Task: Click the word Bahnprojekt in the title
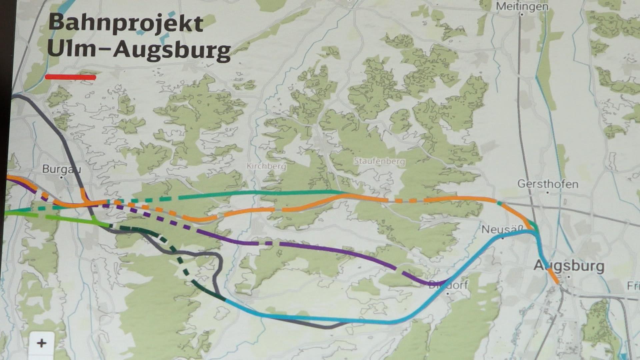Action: (126, 23)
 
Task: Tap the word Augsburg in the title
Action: (172, 51)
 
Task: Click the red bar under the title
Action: (70, 77)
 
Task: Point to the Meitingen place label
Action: (522, 6)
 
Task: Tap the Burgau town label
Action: (61, 169)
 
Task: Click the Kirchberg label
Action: (266, 166)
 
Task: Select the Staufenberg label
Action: (379, 161)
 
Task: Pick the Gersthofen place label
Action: (548, 184)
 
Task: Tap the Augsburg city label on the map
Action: (569, 266)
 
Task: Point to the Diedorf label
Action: (448, 285)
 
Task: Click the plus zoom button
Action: (42, 343)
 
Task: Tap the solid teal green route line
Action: (267, 193)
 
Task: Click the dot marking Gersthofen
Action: (548, 192)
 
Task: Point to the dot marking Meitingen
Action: (521, 15)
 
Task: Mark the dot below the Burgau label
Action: (61, 178)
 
